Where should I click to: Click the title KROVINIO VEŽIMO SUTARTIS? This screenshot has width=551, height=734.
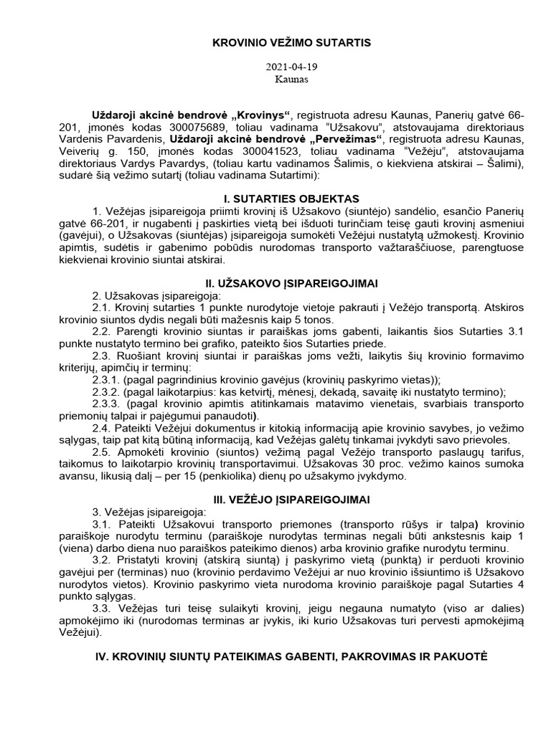pyautogui.click(x=291, y=43)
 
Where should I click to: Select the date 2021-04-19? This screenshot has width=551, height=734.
pyautogui.click(x=291, y=67)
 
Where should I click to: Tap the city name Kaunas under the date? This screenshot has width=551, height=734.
pyautogui.click(x=291, y=79)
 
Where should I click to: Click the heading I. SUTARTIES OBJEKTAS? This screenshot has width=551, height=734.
pyautogui.click(x=291, y=198)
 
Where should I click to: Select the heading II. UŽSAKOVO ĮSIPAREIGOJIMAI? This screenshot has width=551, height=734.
pyautogui.click(x=291, y=282)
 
